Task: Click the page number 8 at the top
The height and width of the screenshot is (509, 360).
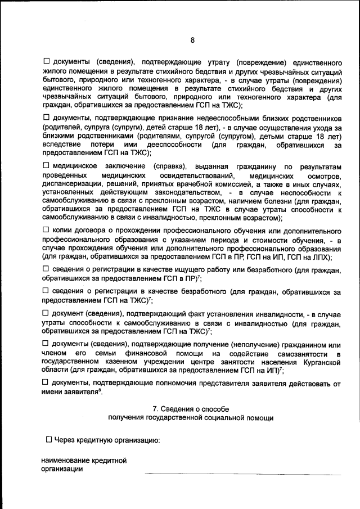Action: point(192,40)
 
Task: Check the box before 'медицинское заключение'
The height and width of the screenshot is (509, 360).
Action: point(46,166)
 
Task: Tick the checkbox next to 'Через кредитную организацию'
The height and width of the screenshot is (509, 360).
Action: point(49,439)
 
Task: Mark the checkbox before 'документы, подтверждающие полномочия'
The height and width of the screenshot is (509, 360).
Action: point(46,382)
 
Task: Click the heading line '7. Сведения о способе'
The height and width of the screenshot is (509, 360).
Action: point(191,409)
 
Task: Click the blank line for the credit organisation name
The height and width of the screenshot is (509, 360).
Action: point(242,473)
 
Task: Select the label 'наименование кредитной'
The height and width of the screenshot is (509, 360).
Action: point(83,461)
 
